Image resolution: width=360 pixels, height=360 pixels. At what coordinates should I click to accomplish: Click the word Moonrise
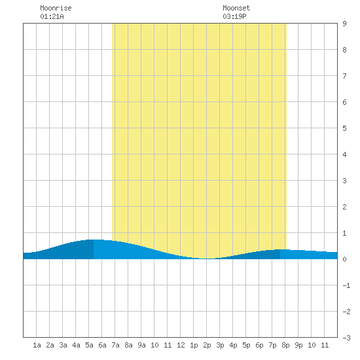pyautogui.click(x=56, y=8)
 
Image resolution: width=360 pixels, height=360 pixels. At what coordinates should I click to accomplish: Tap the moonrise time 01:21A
pyautogui.click(x=52, y=16)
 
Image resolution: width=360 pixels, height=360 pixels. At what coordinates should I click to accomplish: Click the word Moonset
pyautogui.click(x=236, y=8)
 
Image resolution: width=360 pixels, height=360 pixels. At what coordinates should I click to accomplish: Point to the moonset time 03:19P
pyautogui.click(x=234, y=16)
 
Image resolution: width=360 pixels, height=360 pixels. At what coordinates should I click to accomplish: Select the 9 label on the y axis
pyautogui.click(x=344, y=24)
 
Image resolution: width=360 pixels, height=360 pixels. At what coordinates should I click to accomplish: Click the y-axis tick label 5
pyautogui.click(x=344, y=128)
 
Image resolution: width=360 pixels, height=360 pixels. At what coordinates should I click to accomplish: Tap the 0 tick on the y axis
pyautogui.click(x=344, y=259)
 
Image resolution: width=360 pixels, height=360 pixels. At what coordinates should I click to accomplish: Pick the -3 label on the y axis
pyautogui.click(x=346, y=338)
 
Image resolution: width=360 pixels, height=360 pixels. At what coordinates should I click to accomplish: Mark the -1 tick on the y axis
pyautogui.click(x=346, y=285)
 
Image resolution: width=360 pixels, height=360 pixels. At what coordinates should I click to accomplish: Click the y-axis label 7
pyautogui.click(x=344, y=76)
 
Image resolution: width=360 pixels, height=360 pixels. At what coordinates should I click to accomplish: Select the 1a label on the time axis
pyautogui.click(x=37, y=345)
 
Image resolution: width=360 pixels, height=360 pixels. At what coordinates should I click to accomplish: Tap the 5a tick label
pyautogui.click(x=89, y=345)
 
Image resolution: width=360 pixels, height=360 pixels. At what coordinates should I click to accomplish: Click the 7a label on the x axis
pyautogui.click(x=115, y=345)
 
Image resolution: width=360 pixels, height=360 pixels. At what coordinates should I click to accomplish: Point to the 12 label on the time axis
pyautogui.click(x=181, y=345)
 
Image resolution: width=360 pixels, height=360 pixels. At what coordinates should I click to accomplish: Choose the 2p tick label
pyautogui.click(x=207, y=345)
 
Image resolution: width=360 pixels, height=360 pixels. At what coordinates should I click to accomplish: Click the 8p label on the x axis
pyautogui.click(x=285, y=345)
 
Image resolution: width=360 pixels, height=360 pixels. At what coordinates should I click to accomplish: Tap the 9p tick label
pyautogui.click(x=298, y=345)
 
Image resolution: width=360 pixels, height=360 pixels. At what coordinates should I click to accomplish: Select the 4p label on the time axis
pyautogui.click(x=233, y=345)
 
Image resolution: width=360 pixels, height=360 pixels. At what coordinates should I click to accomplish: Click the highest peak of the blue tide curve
pyautogui.click(x=94, y=240)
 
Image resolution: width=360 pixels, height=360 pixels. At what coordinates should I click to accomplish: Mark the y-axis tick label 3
pyautogui.click(x=344, y=181)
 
